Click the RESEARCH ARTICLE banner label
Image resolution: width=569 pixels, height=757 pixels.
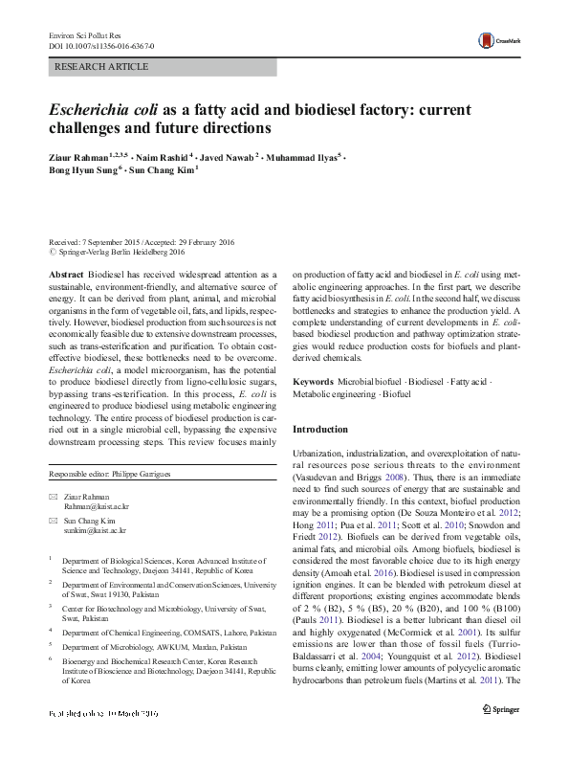click(102, 67)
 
